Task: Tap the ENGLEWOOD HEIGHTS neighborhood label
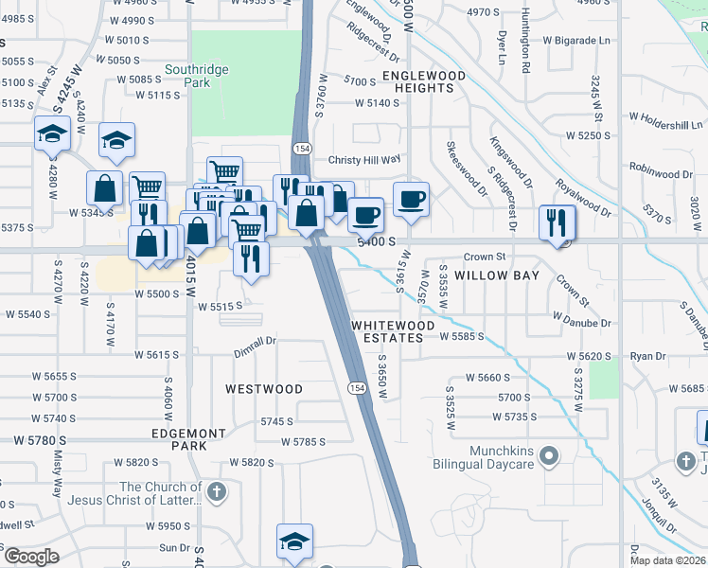click(424, 81)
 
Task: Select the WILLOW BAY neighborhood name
click(496, 275)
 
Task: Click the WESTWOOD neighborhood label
click(264, 389)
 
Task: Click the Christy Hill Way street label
click(364, 160)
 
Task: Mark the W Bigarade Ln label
click(576, 41)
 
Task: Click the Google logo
click(31, 557)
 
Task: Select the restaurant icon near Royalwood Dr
click(556, 222)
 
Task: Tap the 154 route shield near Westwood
click(357, 388)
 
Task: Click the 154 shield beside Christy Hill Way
click(302, 149)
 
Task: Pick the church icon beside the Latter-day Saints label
click(217, 491)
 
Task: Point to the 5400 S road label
click(375, 242)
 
